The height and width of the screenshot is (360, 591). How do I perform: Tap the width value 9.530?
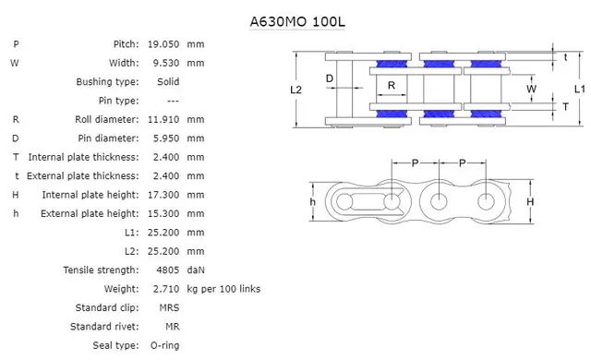point(164,63)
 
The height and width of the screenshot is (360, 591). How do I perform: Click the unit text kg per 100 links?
point(223,289)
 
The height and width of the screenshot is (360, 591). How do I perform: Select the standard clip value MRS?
point(168,307)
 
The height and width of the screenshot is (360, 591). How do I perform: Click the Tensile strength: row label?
point(101,270)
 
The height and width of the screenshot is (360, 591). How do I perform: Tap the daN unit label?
point(196,270)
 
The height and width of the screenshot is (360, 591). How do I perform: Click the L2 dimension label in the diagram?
point(295,90)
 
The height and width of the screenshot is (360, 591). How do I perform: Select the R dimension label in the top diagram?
point(392,86)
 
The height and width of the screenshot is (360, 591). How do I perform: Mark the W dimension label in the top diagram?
point(531,89)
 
